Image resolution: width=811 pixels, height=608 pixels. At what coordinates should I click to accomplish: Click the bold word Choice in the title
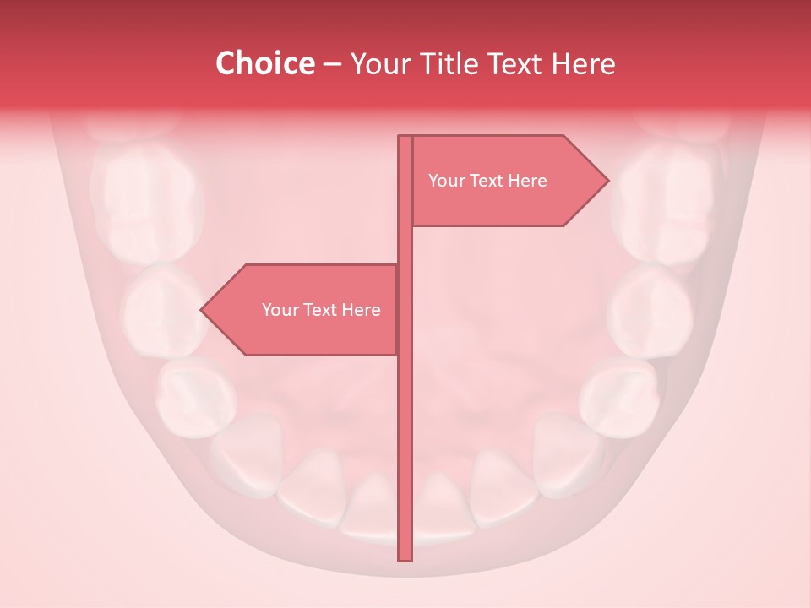coord(264,64)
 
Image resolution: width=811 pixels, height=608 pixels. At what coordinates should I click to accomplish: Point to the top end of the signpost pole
coord(405,138)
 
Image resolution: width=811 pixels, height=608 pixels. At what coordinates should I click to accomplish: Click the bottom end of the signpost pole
coord(405,558)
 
